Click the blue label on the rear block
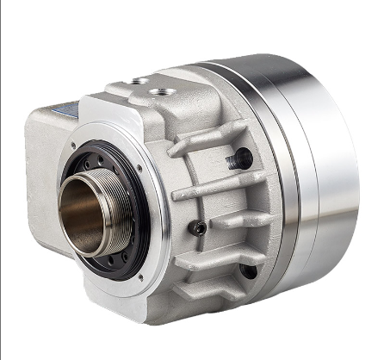click(64, 113)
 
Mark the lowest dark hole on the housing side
click(248, 270)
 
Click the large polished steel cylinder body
click(327, 172)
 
